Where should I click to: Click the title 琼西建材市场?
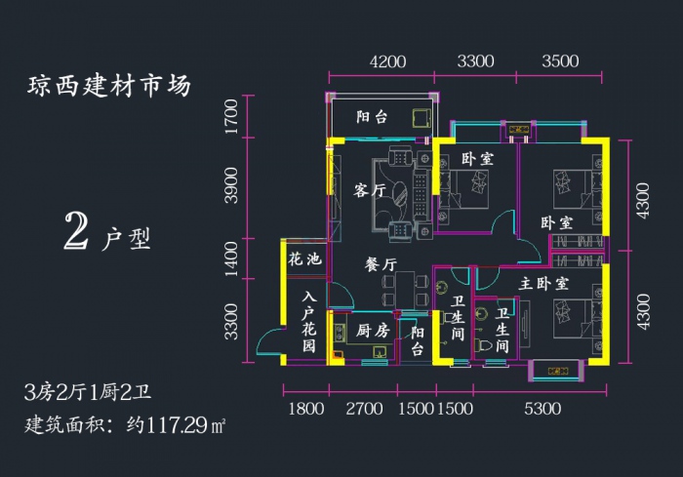[x=109, y=86]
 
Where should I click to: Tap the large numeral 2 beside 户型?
[x=76, y=232]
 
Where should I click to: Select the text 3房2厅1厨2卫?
[x=89, y=392]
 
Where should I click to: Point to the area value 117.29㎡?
[x=186, y=425]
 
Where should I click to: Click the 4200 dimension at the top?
[x=387, y=61]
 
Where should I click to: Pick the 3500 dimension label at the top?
[x=560, y=61]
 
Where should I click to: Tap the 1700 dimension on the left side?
[x=231, y=117]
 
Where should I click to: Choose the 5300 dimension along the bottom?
[x=542, y=409]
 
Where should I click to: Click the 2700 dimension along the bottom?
[x=364, y=409]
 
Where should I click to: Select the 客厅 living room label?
[x=370, y=190]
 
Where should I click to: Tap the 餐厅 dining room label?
[x=381, y=264]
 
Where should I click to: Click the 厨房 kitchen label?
[x=373, y=331]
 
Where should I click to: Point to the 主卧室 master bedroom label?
[x=543, y=284]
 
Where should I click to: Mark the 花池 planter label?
[x=304, y=259]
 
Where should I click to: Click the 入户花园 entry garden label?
[x=309, y=322]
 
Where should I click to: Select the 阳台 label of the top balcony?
[x=372, y=117]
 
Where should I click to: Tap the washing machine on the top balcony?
[x=422, y=118]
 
